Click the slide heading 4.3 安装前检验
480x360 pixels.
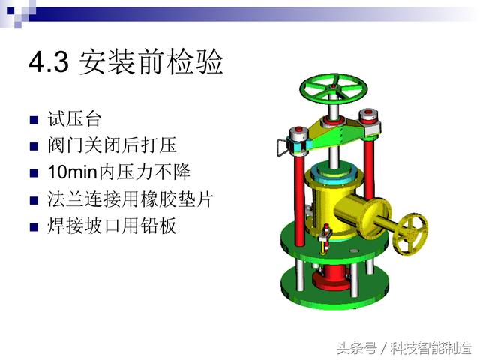[126, 62]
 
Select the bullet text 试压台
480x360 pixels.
[74, 118]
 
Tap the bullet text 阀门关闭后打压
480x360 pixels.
[112, 145]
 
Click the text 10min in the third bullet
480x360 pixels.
[73, 172]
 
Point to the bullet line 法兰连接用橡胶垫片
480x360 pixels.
[130, 199]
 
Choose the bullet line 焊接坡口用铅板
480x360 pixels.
[112, 226]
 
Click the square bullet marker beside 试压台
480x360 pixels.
[34, 120]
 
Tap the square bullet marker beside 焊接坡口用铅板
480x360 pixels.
[34, 227]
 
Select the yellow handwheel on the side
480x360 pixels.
[411, 233]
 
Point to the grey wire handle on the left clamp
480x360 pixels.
[282, 148]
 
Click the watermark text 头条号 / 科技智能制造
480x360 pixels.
[404, 348]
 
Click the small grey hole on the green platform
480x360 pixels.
[354, 250]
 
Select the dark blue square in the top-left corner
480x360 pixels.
[10, 11]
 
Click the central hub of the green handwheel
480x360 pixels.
[333, 87]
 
